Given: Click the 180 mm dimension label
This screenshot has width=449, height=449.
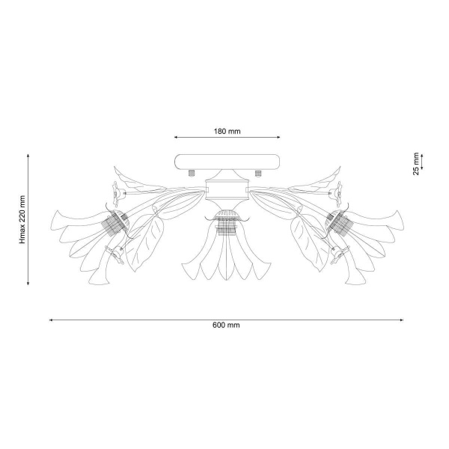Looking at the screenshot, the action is tap(227, 131).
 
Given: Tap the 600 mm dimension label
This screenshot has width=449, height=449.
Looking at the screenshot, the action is tap(226, 325).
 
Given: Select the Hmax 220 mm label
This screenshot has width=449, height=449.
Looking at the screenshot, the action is tap(22, 219).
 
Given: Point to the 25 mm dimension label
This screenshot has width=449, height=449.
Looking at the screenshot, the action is tap(416, 164).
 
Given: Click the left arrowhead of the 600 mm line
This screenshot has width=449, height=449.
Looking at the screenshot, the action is tap(51, 320).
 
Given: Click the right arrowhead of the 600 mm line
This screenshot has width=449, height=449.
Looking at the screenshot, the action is tap(402, 320).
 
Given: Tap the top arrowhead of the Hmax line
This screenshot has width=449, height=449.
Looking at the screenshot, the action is tap(28, 156).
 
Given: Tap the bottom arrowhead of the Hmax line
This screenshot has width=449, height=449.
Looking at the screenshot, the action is tap(28, 284).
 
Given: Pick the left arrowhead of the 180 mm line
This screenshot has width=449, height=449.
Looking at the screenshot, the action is tap(176, 138).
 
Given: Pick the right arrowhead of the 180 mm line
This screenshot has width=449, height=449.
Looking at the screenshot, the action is tap(278, 138).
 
